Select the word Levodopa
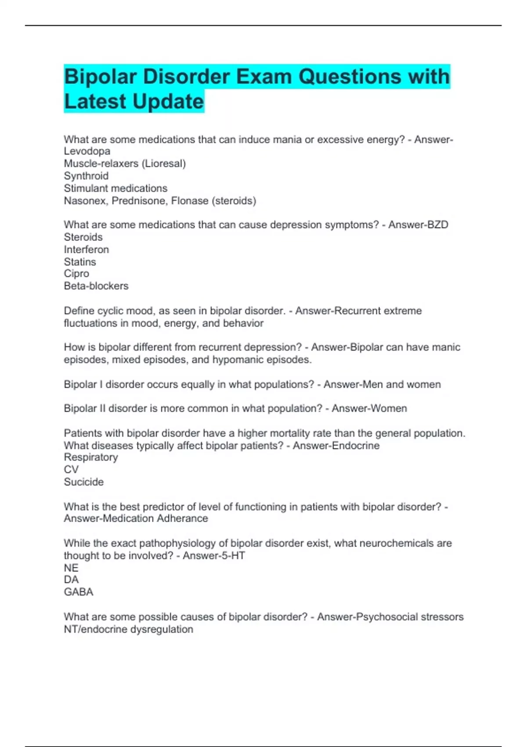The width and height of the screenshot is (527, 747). pos(87,151)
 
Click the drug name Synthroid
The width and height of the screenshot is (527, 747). pos(86,176)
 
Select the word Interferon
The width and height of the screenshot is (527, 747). pos(86,250)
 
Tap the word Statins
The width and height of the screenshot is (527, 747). pos(80,262)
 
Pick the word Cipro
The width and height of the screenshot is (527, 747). pos(76,274)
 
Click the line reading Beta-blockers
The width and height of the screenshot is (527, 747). pos(96,286)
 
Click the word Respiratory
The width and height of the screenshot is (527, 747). pos(91,457)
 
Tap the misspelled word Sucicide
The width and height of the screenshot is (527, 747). pos(84,482)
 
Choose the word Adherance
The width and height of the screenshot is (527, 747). pos(182,519)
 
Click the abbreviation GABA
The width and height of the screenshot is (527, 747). pos(79,592)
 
